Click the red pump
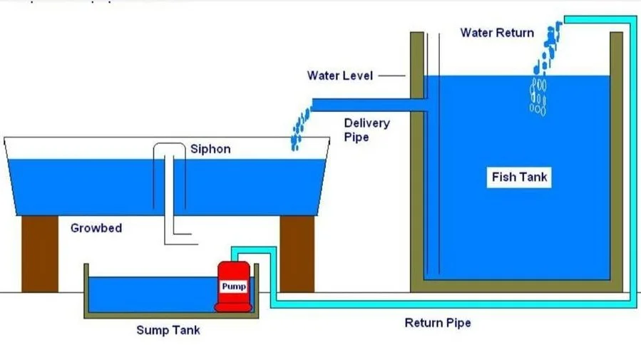(x=233, y=287)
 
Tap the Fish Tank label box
(x=519, y=178)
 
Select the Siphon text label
(x=210, y=149)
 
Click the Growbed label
(x=96, y=228)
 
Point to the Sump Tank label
(x=168, y=330)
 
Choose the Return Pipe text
(x=438, y=323)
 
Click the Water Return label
(x=497, y=33)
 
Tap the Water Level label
(x=340, y=76)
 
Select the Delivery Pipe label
(x=366, y=130)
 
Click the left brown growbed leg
(x=40, y=254)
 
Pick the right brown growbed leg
(x=297, y=254)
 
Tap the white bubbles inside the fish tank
(x=538, y=97)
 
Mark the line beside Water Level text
(x=391, y=76)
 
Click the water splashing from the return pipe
(x=548, y=48)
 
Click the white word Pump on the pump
(x=233, y=287)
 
